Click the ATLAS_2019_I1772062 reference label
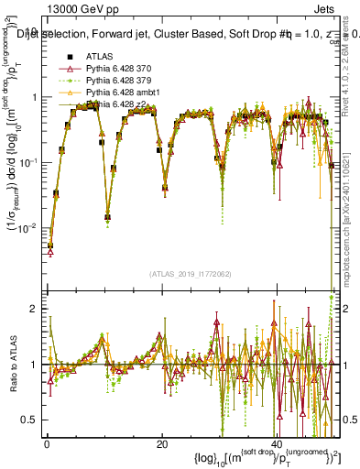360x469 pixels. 191,274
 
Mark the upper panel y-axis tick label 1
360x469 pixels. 35,97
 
